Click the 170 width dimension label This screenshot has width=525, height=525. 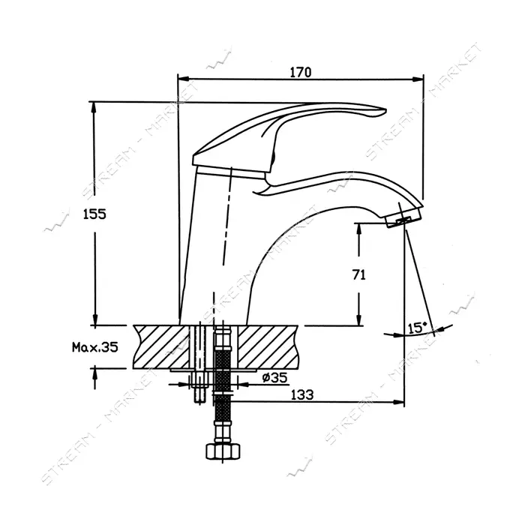click(x=300, y=72)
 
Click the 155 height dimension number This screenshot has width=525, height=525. click(x=94, y=214)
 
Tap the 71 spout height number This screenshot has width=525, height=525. click(x=359, y=275)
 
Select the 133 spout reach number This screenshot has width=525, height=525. click(x=302, y=395)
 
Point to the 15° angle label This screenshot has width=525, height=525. click(x=418, y=328)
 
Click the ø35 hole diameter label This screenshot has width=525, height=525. click(x=275, y=378)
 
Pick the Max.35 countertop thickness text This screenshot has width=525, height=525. click(x=95, y=347)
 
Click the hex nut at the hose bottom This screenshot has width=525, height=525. click(x=223, y=451)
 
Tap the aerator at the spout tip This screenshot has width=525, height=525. click(x=403, y=218)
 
